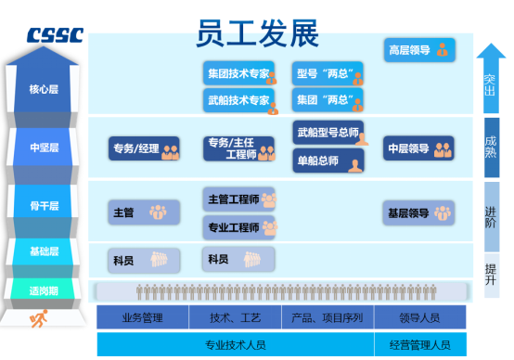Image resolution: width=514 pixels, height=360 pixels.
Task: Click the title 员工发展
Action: [x=258, y=32]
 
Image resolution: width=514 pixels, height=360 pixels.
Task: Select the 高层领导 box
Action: [x=418, y=50]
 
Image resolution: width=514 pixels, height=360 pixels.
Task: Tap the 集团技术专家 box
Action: [x=240, y=73]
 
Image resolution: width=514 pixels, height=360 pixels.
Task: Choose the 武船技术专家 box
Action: [x=240, y=100]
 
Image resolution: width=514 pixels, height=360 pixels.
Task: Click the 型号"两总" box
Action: [x=328, y=73]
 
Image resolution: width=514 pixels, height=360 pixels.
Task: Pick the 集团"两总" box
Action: [x=328, y=100]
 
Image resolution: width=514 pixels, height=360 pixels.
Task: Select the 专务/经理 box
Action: [x=145, y=148]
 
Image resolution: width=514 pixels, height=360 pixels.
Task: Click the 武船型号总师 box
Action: [x=328, y=134]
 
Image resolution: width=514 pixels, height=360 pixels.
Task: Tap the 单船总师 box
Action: [x=328, y=161]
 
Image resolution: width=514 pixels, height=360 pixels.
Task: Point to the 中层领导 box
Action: [x=418, y=148]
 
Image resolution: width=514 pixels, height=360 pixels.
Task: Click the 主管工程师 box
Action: [x=240, y=199]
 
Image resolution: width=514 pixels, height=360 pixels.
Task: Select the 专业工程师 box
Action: [x=240, y=226]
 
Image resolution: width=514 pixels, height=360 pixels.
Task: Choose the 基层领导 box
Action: [x=418, y=212]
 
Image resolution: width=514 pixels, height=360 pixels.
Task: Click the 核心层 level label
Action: [x=44, y=90]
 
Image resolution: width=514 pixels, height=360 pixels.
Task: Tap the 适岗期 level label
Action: [x=44, y=290]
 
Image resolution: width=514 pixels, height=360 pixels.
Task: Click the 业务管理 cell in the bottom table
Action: [x=142, y=318]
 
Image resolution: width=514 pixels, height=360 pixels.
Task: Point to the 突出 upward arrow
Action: [x=490, y=79]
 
